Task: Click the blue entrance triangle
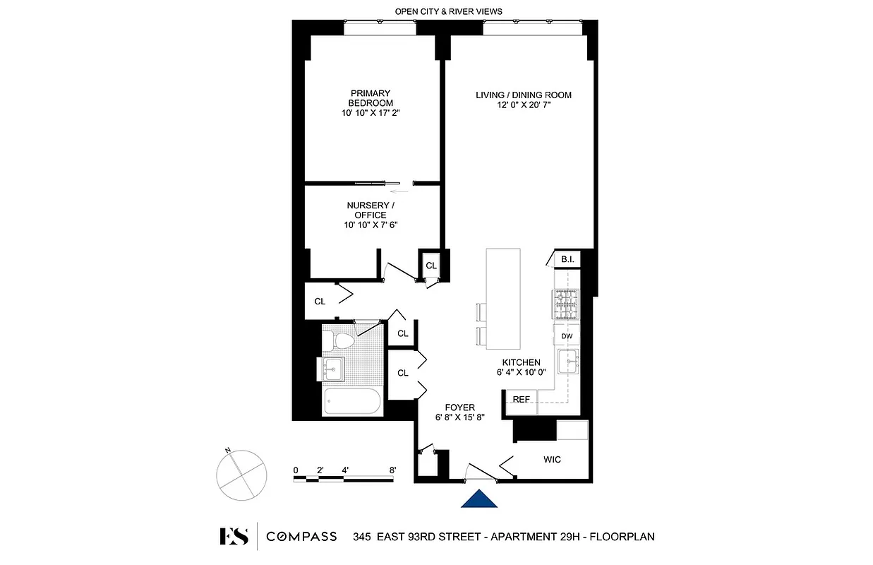[479, 499]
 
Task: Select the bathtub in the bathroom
[352, 404]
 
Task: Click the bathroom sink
[332, 368]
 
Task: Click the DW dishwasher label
[566, 336]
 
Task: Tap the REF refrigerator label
[522, 400]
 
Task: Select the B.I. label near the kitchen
[567, 259]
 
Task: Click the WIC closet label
[552, 460]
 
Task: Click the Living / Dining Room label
[523, 100]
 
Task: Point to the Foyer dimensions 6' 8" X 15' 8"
[459, 417]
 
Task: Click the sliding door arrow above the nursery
[400, 191]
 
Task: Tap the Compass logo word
[301, 537]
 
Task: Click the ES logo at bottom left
[234, 537]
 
